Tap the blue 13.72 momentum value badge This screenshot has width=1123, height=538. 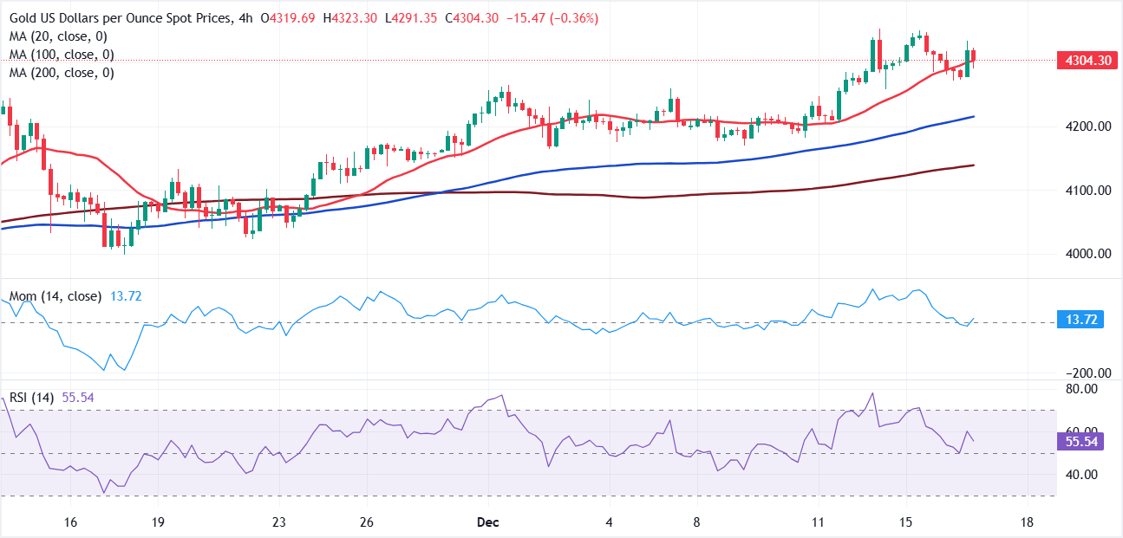click(1080, 321)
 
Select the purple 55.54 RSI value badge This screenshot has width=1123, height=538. click(1080, 442)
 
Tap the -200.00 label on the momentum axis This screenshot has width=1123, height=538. click(1085, 373)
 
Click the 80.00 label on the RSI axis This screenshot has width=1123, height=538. click(1081, 390)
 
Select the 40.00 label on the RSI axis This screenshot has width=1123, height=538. click(1081, 475)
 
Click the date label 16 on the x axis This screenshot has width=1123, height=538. click(71, 523)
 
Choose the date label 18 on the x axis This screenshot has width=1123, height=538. click(1027, 523)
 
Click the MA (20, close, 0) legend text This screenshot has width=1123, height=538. click(59, 36)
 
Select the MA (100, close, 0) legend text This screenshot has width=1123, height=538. click(62, 55)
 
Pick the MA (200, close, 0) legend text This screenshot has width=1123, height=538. click(62, 73)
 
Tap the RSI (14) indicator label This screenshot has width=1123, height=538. click(31, 398)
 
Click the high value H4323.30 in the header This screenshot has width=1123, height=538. click(349, 18)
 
